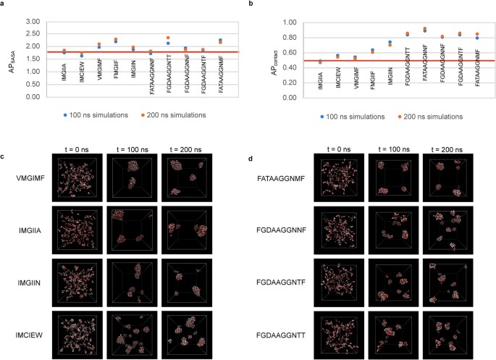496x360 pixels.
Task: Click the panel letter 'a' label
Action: coord(4,4)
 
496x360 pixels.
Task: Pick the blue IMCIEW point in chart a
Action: coord(81,55)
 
